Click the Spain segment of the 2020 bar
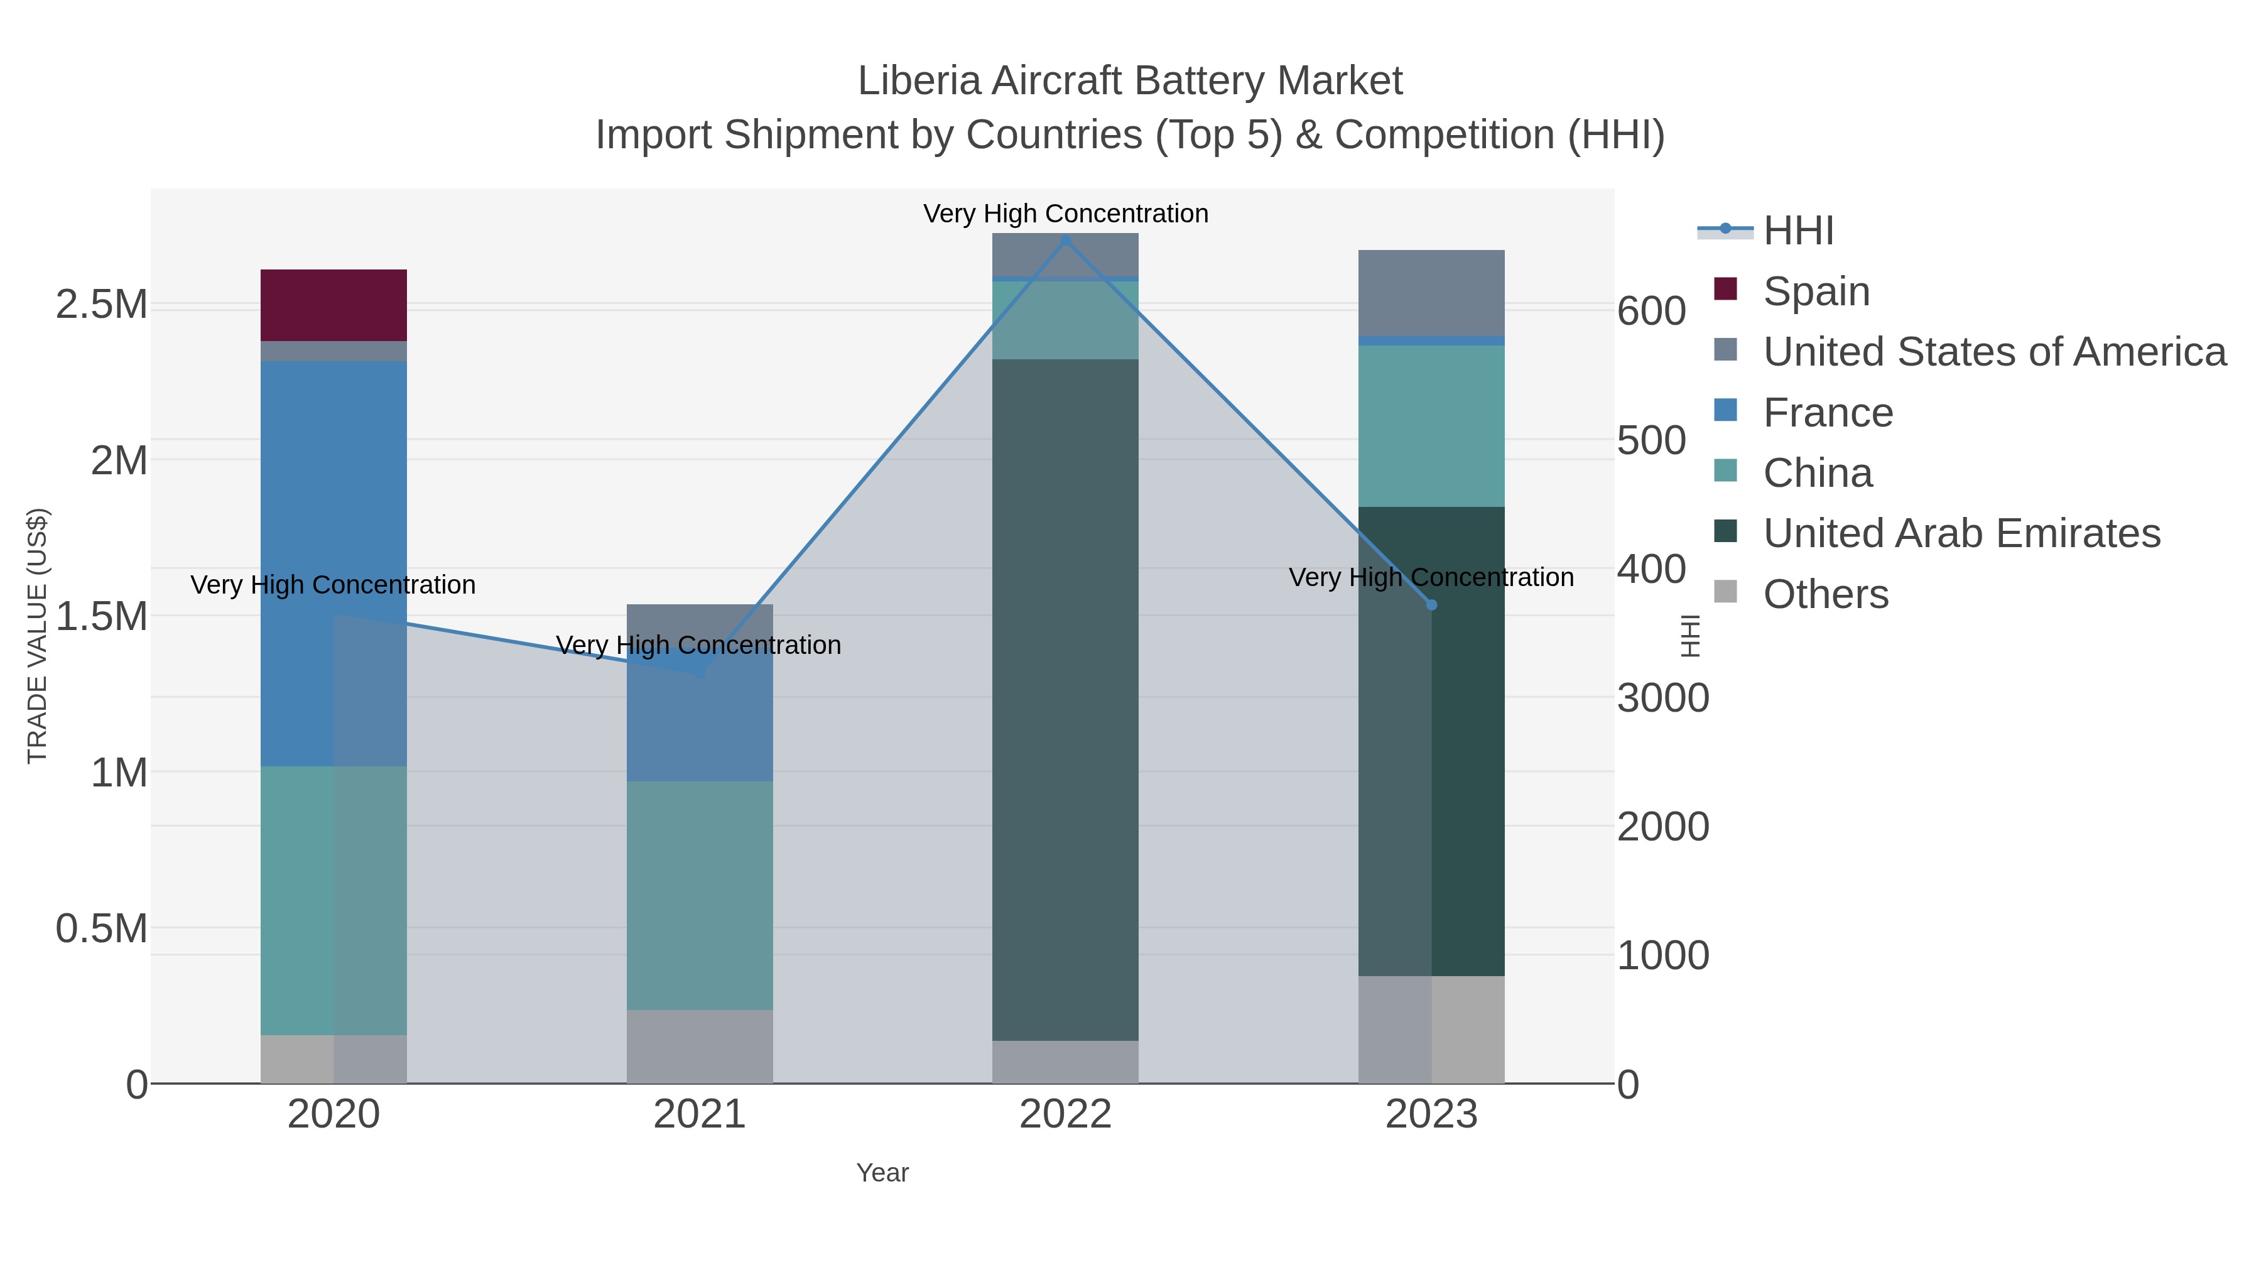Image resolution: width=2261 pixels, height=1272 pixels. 333,305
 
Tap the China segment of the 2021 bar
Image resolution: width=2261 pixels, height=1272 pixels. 700,895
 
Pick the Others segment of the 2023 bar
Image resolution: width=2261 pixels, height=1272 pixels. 1431,1029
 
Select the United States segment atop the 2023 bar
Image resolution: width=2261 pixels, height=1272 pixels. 1431,292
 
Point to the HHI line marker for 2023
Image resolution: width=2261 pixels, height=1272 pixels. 1431,605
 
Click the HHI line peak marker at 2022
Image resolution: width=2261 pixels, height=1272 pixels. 1066,240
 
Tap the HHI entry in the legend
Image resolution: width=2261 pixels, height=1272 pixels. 1797,231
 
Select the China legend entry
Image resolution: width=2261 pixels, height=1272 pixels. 1817,473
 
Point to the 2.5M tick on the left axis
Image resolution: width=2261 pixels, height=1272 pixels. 101,305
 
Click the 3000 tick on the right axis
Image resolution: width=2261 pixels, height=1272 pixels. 1662,699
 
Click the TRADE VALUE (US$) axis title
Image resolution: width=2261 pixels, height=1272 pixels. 37,636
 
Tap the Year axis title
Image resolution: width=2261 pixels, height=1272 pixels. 882,1173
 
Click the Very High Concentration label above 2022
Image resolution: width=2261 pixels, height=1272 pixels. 1066,214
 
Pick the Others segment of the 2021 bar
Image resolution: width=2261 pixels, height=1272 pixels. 700,1046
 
